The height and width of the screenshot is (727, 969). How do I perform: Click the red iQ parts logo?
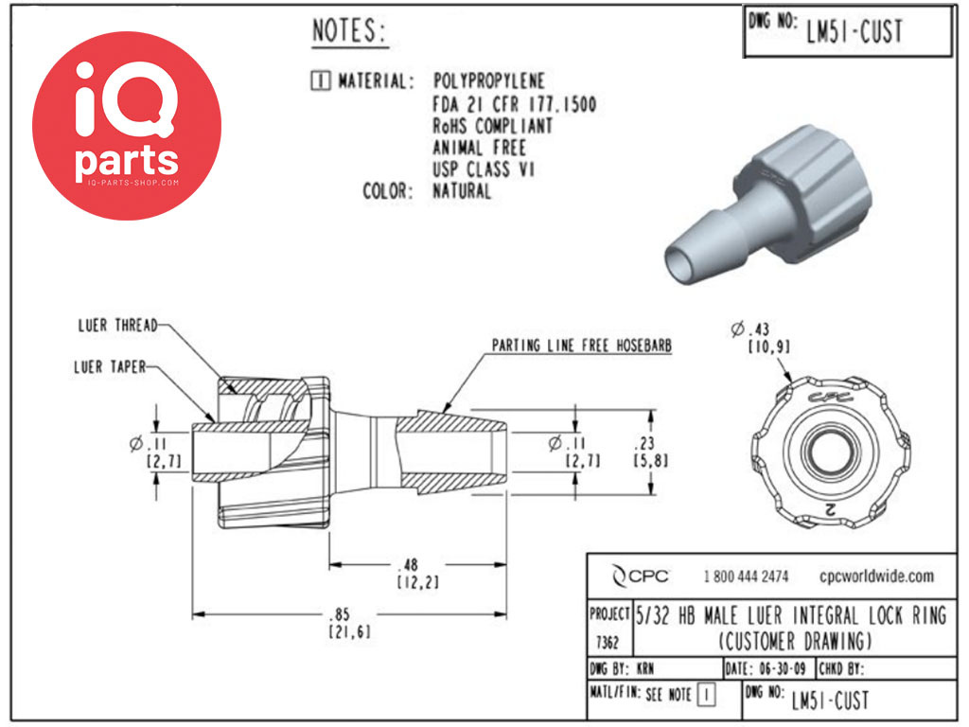tap(127, 126)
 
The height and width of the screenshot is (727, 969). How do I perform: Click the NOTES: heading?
tap(349, 31)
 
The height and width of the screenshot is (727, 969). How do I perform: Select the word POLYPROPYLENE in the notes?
tap(489, 81)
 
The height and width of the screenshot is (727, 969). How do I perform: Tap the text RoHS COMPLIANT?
tap(492, 126)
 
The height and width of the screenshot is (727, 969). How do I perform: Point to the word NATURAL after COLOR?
tap(462, 191)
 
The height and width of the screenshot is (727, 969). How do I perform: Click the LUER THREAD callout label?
tap(117, 326)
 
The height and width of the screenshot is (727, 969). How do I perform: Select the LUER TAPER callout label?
tap(110, 367)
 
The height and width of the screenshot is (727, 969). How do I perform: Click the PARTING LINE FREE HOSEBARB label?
tap(582, 346)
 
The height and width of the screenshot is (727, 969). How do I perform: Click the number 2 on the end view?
tap(830, 508)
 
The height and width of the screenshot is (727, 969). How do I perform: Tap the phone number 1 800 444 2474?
tap(746, 576)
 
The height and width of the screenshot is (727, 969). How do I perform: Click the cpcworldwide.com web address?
tap(877, 576)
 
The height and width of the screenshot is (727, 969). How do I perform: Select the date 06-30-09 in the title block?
tap(783, 668)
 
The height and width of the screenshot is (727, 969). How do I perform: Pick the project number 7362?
tap(608, 643)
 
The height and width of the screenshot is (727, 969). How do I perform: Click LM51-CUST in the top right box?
tap(854, 31)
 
